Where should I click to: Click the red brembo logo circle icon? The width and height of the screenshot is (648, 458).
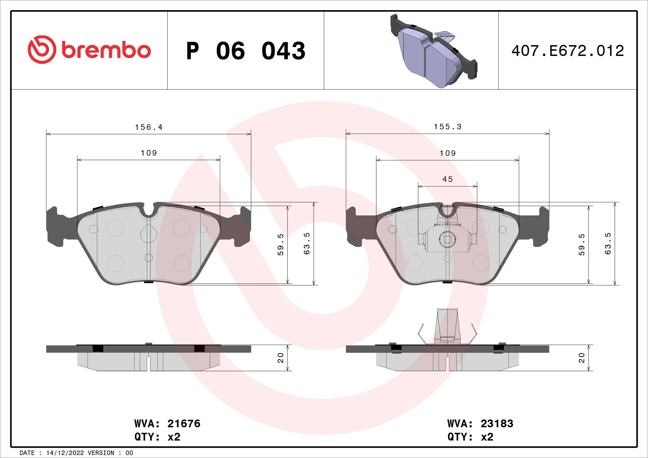42,50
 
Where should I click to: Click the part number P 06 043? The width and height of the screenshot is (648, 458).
245,51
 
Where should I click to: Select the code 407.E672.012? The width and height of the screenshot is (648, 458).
568,51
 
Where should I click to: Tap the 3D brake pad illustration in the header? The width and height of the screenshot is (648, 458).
434,51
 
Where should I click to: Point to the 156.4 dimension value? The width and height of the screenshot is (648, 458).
149,127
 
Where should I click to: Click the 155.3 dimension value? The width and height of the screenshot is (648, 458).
448,127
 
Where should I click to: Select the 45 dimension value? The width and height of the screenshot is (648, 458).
448,179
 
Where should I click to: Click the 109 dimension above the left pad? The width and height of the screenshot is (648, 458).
149,153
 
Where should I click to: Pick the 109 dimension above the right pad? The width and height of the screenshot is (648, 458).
448,153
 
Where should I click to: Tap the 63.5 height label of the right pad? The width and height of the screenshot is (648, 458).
608,244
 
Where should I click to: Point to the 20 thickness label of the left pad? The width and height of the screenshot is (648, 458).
281,358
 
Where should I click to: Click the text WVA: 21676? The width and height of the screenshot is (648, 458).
167,424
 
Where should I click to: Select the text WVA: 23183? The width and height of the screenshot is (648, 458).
480,424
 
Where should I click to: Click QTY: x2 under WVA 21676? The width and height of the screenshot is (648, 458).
157,437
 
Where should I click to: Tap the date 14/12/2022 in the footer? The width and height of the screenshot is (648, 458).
65,453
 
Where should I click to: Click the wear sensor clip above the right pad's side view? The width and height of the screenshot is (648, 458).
447,327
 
